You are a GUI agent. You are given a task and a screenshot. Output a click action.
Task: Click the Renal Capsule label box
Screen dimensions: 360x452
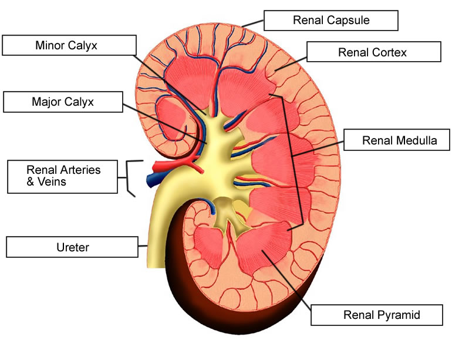pos(331,21)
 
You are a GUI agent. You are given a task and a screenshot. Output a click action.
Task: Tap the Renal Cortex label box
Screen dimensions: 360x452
pos(373,52)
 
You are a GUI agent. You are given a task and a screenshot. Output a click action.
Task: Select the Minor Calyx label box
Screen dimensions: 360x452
pos(69,45)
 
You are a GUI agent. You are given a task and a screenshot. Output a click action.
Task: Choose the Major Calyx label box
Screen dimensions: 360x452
pos(63,102)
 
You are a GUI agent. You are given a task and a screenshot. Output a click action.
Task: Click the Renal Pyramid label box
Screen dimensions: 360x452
pos(382,315)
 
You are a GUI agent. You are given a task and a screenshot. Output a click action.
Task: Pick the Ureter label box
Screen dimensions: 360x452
pos(72,247)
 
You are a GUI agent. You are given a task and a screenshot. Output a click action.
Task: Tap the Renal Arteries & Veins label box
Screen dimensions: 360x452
pos(63,176)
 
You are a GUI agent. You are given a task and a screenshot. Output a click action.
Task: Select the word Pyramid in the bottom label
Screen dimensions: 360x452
pos(399,315)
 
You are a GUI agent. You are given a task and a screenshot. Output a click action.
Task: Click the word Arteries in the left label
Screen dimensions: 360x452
pos(80,170)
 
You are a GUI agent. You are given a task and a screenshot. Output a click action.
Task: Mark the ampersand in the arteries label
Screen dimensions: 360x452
pos(31,182)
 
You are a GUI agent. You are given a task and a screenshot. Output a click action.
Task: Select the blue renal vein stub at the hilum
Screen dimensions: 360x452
pos(154,177)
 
